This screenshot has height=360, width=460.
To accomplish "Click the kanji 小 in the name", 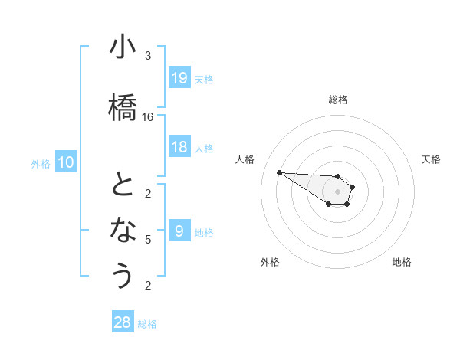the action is [122, 47].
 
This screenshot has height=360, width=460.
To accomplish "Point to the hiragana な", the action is [122, 231].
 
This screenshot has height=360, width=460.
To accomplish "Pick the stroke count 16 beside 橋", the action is [148, 117].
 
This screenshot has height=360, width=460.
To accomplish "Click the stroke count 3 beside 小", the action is [148, 56].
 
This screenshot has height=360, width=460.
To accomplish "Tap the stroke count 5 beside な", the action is [148, 240].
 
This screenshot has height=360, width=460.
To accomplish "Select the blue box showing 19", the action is [179, 78].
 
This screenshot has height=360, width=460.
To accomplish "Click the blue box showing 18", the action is [179, 147].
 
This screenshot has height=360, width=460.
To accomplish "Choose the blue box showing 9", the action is [179, 231].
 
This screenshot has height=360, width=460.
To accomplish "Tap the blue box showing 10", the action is [66, 162].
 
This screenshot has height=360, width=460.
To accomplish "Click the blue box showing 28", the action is [122, 322].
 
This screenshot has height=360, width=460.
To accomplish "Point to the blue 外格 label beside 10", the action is [40, 163].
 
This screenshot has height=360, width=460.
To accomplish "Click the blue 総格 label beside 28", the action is [147, 324].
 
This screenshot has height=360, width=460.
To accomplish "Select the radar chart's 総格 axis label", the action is [337, 100].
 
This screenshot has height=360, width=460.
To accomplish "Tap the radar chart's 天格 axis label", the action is [431, 159].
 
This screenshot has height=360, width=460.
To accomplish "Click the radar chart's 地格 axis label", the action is [402, 262].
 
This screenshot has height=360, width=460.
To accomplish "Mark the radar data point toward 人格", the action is [279, 172].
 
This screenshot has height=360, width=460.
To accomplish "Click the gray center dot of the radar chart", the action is [337, 191].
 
